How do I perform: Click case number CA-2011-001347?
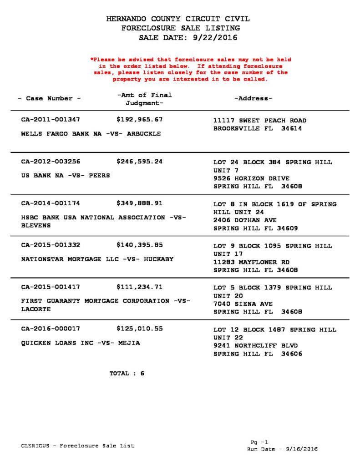51,120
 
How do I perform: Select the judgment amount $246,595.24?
140,162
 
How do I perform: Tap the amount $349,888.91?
140,203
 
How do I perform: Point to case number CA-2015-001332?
51,245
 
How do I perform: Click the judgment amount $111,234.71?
140,287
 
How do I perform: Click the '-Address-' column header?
253,99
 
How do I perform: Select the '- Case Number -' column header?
49,99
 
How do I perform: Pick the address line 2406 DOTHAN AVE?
245,220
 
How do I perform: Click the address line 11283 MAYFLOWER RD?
251,262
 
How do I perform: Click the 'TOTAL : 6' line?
127,374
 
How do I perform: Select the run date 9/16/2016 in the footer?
302,449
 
